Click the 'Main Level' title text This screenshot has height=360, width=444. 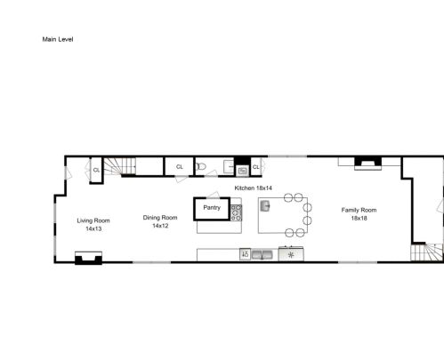coord(58,39)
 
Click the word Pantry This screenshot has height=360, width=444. coord(212,207)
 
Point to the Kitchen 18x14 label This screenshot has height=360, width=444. coord(253,188)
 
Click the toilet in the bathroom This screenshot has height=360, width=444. coord(201,166)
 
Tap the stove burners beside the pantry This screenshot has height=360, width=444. coord(237,212)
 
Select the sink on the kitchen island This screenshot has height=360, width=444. coord(265,205)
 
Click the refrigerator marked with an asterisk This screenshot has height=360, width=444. coord(291,254)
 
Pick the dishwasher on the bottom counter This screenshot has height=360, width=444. coord(245,254)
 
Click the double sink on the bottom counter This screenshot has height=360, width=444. coord(262,255)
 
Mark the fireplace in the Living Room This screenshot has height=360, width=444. coord(88,258)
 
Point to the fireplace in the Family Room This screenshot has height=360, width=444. coord(368,164)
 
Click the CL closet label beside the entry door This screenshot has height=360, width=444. coord(96,170)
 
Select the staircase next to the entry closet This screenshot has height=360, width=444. coord(119,166)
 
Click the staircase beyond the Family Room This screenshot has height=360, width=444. coord(427,252)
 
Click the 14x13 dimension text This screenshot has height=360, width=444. coord(93,228)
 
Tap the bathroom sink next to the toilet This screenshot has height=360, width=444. coord(229,167)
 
